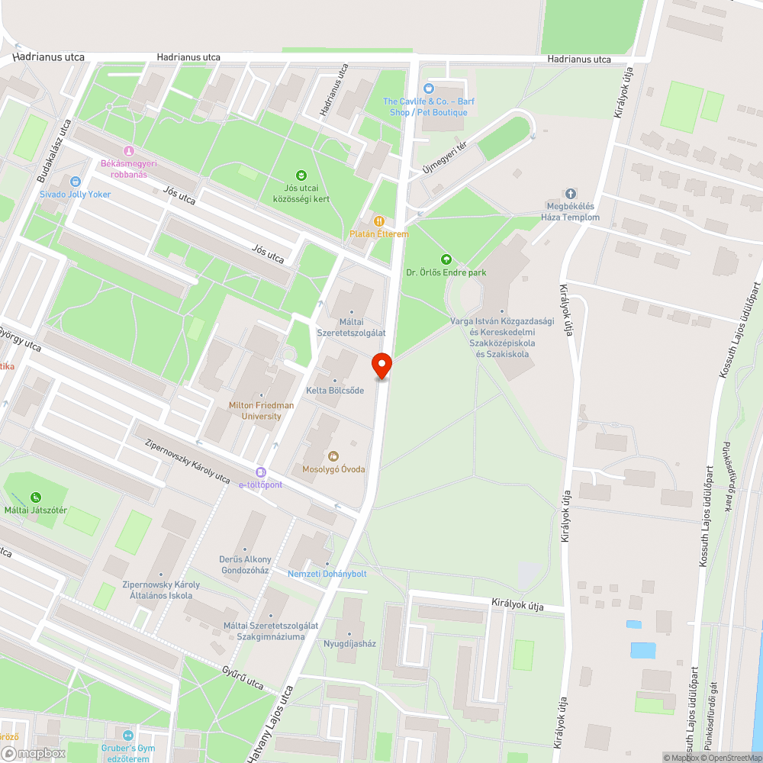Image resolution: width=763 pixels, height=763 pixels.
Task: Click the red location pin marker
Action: (381, 365)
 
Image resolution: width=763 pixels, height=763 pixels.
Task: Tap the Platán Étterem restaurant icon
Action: (375, 221)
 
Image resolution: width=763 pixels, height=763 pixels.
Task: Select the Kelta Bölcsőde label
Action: (335, 391)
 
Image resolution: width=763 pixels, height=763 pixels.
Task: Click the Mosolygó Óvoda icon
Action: (333, 456)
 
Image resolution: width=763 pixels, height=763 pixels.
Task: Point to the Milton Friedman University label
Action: (255, 410)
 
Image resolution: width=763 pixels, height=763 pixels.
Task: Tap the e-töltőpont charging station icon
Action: (261, 472)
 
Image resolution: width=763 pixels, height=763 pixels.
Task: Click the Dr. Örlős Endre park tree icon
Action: (446, 259)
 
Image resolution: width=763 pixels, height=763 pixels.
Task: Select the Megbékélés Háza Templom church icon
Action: (570, 194)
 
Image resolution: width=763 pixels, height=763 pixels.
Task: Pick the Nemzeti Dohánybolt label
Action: (327, 574)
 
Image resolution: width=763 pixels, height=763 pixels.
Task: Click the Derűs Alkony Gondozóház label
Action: (244, 565)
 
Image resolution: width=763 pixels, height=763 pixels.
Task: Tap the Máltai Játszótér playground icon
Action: (36, 498)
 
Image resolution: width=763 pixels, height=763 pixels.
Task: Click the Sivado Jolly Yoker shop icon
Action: (76, 182)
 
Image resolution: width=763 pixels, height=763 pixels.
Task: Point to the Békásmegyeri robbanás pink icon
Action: (129, 150)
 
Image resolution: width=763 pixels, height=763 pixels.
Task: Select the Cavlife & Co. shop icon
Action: (428, 89)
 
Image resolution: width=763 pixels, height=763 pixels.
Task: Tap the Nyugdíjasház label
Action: (349, 643)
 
